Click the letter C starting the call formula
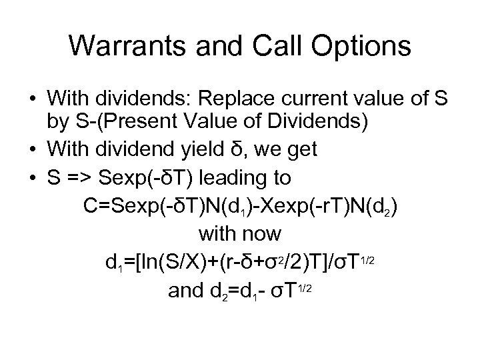[91, 205]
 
